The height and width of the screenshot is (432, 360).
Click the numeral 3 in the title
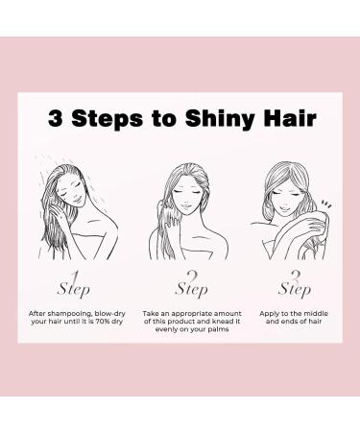tap(58, 120)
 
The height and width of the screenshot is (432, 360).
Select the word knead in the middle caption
tap(216, 324)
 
